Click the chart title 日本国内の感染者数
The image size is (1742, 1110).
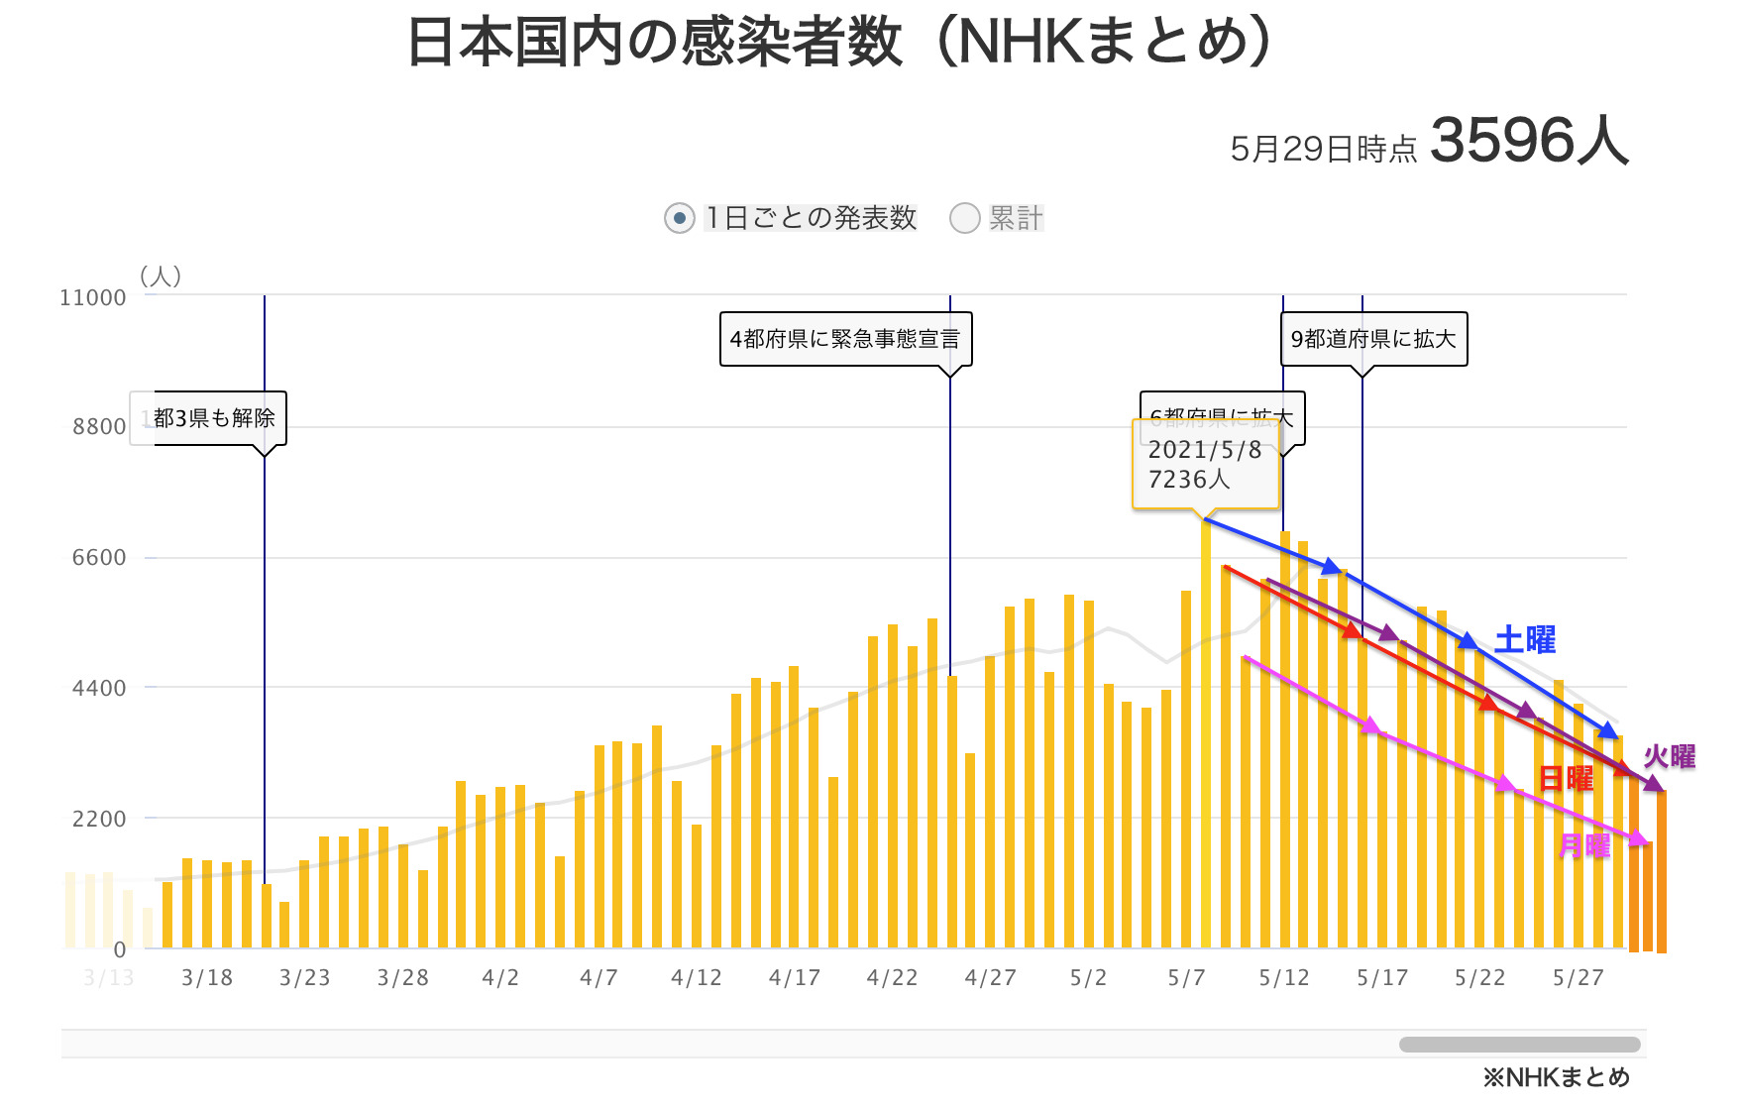654,44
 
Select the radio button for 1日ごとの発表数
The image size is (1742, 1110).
679,218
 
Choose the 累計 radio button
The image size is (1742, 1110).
964,218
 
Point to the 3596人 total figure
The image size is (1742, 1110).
1529,141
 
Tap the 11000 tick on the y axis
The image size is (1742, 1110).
93,297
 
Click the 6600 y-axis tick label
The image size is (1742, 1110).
99,557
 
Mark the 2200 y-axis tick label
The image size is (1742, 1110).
99,819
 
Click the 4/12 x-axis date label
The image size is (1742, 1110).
696,978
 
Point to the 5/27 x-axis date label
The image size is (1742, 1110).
1578,978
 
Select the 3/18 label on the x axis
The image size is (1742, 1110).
207,978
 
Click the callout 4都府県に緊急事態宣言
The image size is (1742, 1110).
845,339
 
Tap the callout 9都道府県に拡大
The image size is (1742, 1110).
1372,339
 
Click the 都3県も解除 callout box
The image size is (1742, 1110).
214,418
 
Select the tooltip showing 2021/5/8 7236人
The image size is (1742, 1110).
1205,464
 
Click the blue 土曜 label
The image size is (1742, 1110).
1524,640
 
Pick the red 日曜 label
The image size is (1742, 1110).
1566,778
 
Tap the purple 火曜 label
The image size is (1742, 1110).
1669,757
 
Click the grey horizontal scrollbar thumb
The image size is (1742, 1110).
1519,1045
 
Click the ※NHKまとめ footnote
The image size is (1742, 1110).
1556,1077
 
